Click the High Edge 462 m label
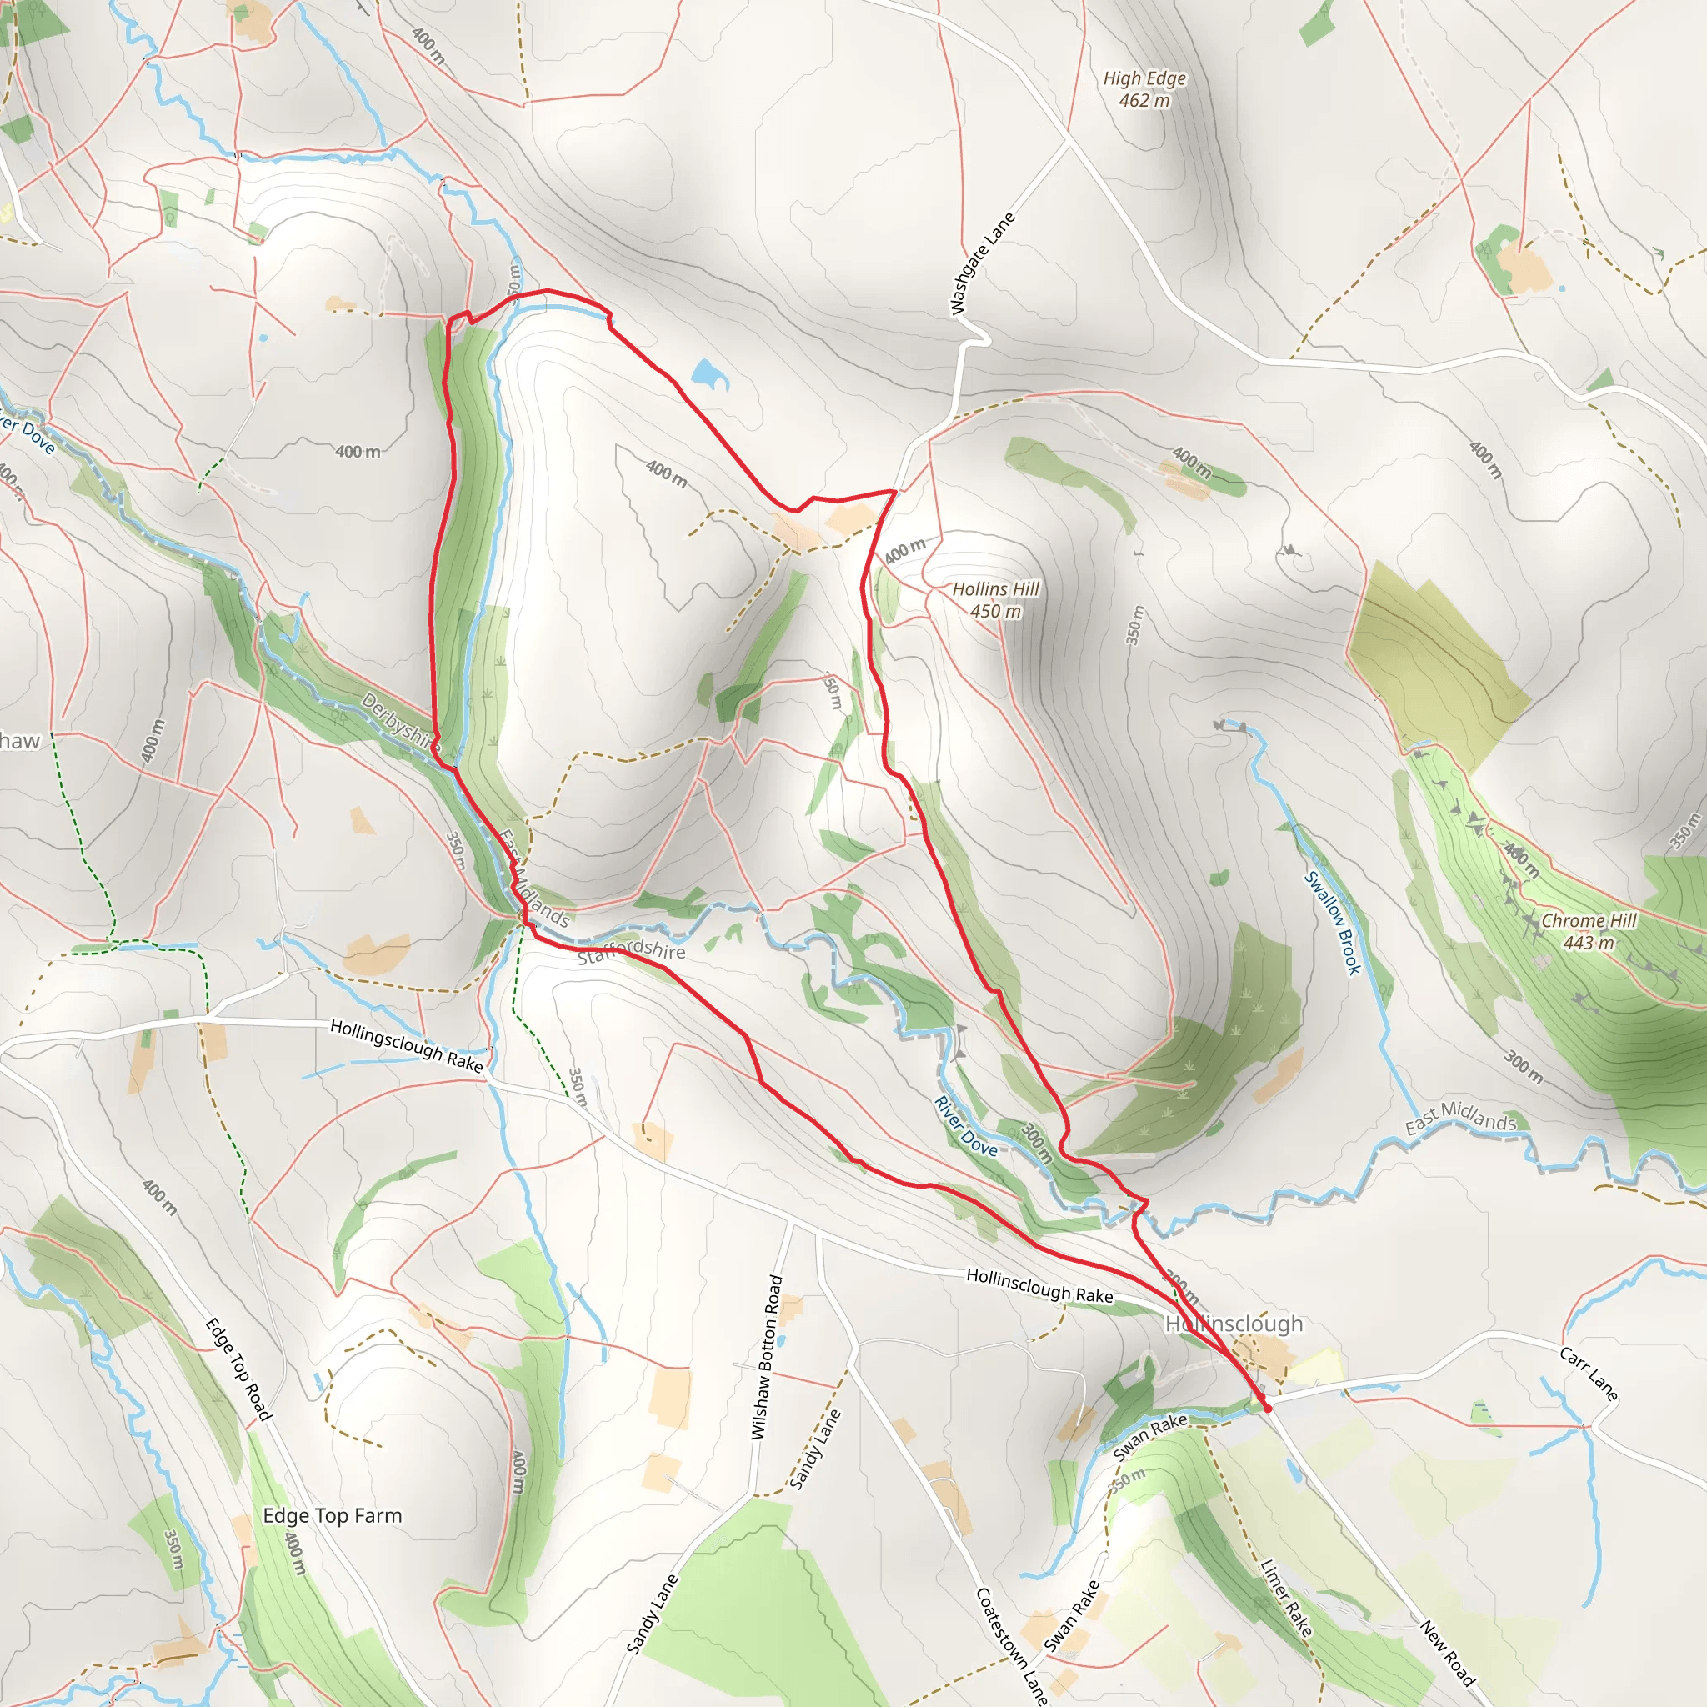1144,89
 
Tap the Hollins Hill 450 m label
996,600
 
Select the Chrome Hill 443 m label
1589,931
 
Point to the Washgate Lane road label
982,263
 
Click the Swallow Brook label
1334,923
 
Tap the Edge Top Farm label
333,1515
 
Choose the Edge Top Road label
238,1369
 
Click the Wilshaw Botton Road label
765,1357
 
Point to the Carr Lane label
1589,1374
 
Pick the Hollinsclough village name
1234,1324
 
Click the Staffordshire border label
631,951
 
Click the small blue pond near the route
709,373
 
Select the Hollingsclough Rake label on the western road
407,1046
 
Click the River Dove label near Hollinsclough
966,1125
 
